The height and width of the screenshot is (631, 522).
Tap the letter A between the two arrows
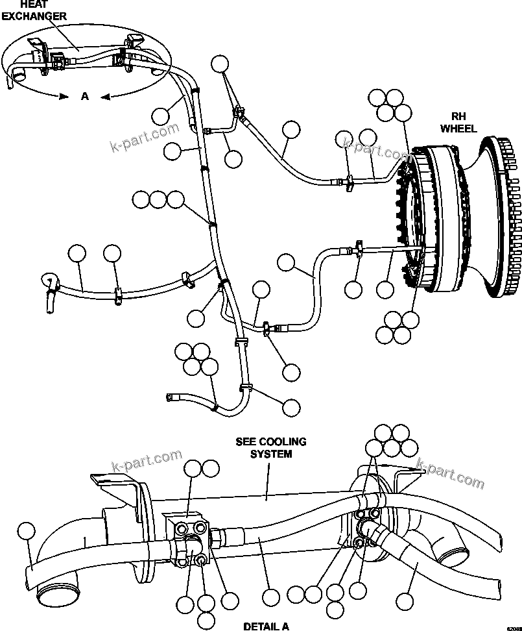pyautogui.click(x=84, y=96)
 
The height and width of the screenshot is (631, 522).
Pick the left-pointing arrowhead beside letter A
pyautogui.click(x=105, y=96)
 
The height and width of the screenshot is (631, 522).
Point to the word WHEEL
pyautogui.click(x=458, y=129)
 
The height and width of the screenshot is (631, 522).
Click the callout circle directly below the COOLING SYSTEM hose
pyautogui.click(x=271, y=597)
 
